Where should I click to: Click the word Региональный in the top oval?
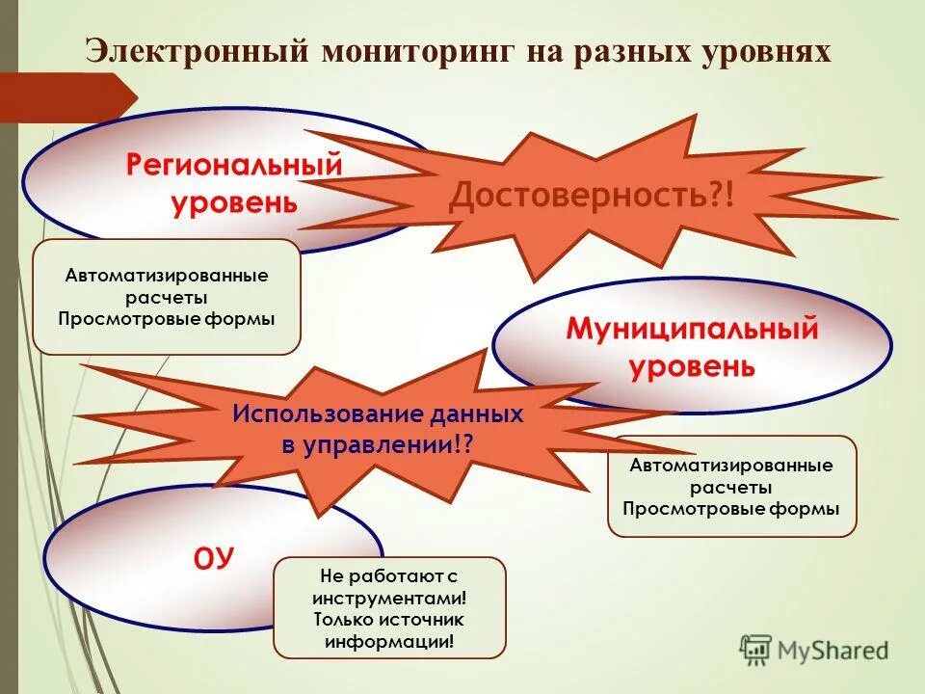(x=234, y=165)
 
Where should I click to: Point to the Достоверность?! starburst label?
(x=592, y=198)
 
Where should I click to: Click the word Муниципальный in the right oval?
(x=692, y=330)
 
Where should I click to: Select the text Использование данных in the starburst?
(x=378, y=415)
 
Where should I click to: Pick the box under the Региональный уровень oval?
(x=167, y=297)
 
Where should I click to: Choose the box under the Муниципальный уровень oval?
(x=731, y=486)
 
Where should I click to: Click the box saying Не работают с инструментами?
(x=389, y=607)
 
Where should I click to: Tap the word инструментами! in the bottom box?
(x=389, y=598)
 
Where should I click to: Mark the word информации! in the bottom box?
(x=389, y=641)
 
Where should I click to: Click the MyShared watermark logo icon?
(x=756, y=649)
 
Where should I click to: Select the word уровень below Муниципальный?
(x=692, y=366)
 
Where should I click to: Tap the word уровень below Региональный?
(x=234, y=203)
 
